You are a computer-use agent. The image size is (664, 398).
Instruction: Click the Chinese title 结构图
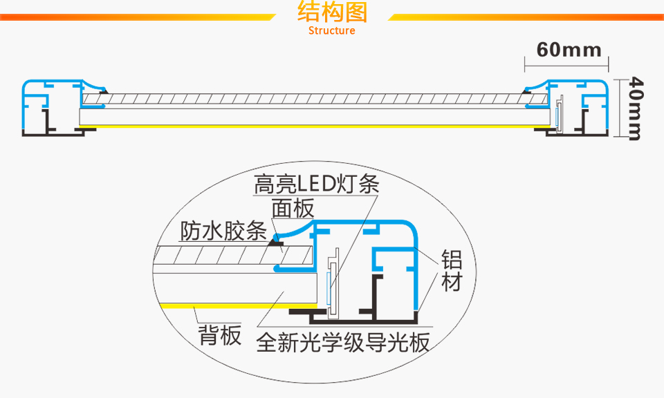click(x=332, y=13)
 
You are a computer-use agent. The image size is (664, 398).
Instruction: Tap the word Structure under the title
click(x=332, y=31)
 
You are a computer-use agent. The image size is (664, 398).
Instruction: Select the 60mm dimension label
click(x=569, y=50)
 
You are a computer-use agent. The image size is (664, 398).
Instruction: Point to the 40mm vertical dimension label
click(x=635, y=108)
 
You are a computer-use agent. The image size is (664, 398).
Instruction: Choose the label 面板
click(x=293, y=208)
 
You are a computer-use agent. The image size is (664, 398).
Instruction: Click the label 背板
click(x=220, y=336)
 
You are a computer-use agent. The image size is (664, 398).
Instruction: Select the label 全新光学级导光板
click(x=343, y=343)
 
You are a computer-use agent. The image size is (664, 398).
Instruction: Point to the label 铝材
click(x=452, y=271)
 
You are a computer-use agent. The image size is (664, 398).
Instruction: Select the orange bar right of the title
click(x=526, y=17)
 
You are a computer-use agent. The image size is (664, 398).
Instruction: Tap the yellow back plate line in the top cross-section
click(x=311, y=128)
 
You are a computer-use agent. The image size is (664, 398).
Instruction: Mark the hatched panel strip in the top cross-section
click(x=311, y=99)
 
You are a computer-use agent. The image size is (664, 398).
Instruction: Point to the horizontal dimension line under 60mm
click(x=567, y=67)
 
